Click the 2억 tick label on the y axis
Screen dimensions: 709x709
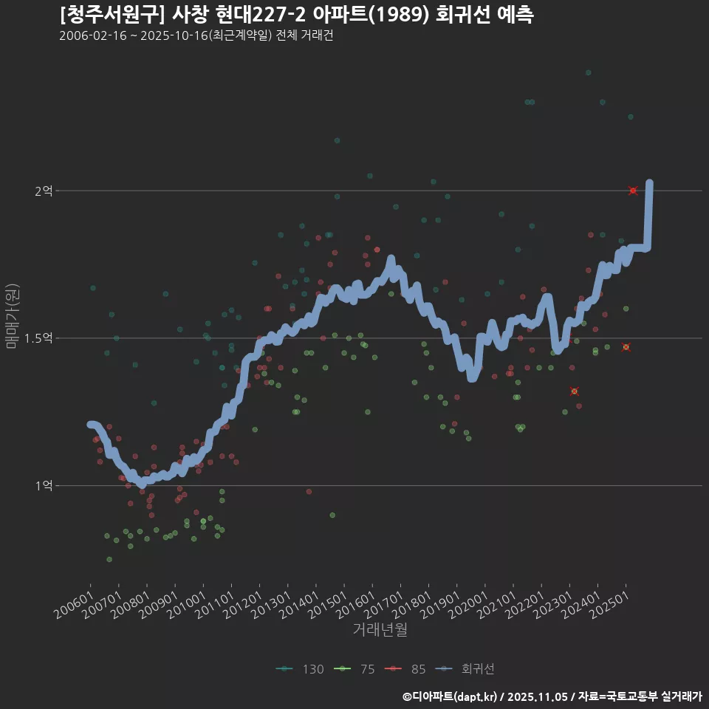(x=44, y=191)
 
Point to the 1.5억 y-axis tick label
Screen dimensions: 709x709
(x=39, y=338)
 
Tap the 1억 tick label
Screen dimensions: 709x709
(x=44, y=486)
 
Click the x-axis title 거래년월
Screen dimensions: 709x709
(x=380, y=629)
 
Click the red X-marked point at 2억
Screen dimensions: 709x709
(x=633, y=191)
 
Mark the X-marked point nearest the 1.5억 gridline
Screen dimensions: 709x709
(x=626, y=347)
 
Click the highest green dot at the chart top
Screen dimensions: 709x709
(x=588, y=72)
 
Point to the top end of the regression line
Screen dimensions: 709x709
(x=649, y=182)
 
